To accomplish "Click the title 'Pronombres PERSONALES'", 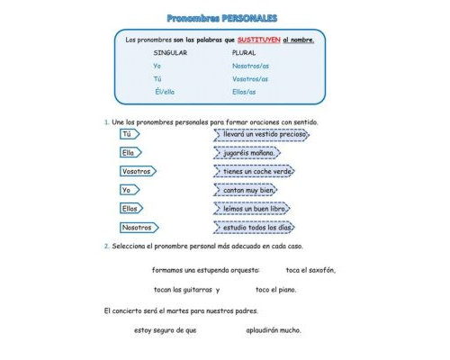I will click(x=222, y=18).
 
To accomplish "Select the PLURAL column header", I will click(x=244, y=53).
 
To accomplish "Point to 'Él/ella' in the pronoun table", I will click(x=166, y=91).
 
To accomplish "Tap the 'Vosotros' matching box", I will click(x=137, y=171).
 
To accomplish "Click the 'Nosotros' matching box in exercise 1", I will click(x=139, y=228).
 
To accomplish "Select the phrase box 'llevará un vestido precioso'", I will click(x=265, y=134).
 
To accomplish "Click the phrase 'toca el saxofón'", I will click(x=310, y=269).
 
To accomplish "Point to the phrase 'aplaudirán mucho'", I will click(x=274, y=329).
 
